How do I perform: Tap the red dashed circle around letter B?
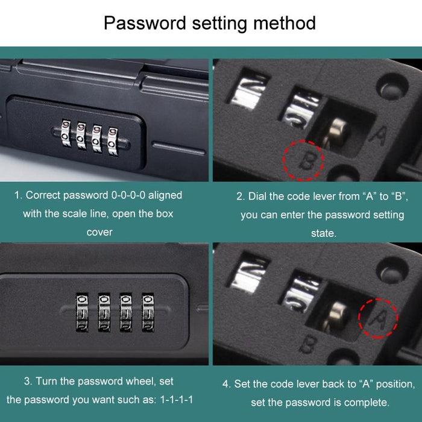click(x=304, y=159)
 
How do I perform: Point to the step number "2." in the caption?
click(x=240, y=196)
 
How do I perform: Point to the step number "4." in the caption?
click(x=226, y=384)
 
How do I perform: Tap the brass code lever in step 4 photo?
click(x=336, y=315)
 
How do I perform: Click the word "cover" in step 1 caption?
click(x=99, y=232)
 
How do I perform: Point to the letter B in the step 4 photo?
click(x=307, y=344)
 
